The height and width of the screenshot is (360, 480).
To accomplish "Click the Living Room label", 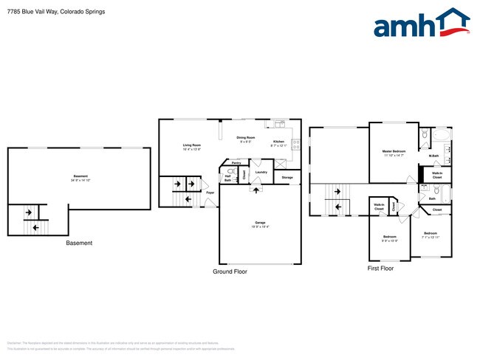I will click(192, 146).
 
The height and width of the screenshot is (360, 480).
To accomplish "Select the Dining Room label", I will click(246, 138).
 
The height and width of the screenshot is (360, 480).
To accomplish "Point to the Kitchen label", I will click(278, 142).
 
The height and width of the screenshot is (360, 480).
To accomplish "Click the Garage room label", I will click(260, 223).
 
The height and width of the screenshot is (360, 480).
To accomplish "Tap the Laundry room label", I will click(261, 173).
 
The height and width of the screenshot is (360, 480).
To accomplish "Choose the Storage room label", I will click(287, 178).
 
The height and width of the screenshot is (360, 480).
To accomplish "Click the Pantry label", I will click(236, 163).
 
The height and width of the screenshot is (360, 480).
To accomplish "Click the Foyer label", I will click(210, 193).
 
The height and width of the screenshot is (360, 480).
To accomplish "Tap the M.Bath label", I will click(434, 156).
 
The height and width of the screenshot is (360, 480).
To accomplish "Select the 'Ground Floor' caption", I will click(231, 271).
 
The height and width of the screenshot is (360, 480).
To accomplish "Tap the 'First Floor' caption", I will click(380, 269).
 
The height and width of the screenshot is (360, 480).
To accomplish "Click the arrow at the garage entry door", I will click(256, 190).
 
